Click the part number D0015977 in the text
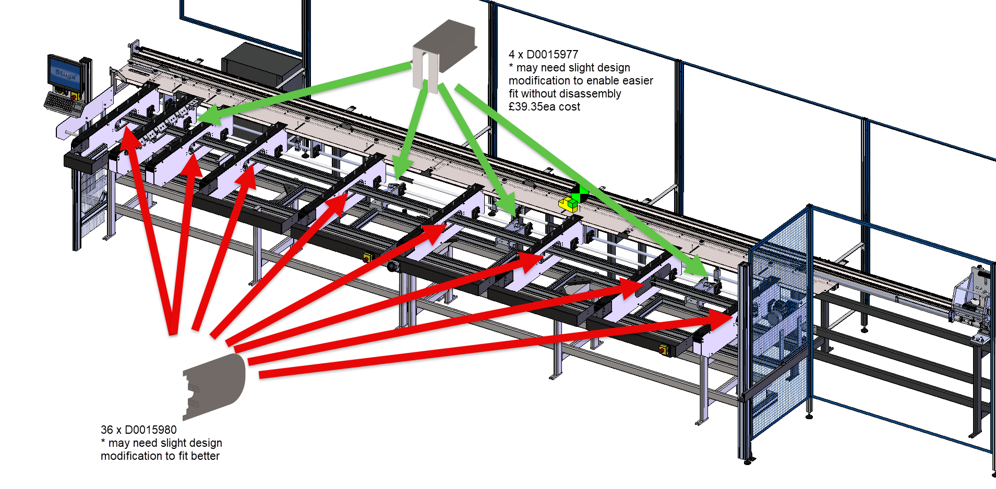tap(552, 55)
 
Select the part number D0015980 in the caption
tap(150, 430)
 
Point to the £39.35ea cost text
tap(544, 107)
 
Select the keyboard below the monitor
tap(63, 102)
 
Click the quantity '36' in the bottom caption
tap(106, 430)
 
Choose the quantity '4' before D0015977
tap(512, 55)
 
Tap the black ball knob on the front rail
tap(392, 267)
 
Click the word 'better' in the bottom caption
tap(205, 456)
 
